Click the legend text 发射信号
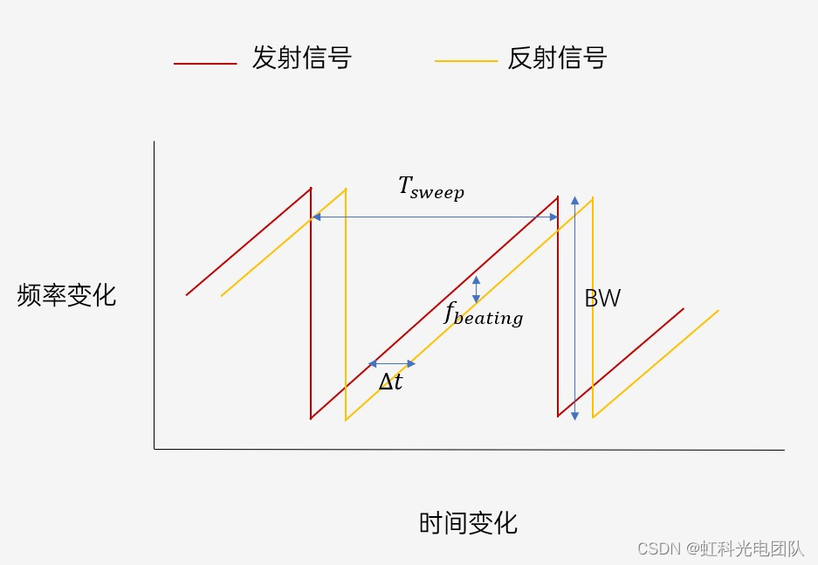pos(301,59)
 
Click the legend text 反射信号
pos(557,59)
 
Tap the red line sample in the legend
pos(205,64)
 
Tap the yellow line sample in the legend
pos(466,61)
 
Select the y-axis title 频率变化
pos(66,296)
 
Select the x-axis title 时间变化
pos(468,523)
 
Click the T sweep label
pos(431,188)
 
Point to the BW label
pos(602,299)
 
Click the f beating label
pos(483,314)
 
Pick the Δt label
pos(390,381)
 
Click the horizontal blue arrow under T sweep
pos(434,217)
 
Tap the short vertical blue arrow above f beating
pos(476,289)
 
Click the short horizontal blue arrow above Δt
pos(392,363)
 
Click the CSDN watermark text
pos(720,548)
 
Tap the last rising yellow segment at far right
pos(656,365)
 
